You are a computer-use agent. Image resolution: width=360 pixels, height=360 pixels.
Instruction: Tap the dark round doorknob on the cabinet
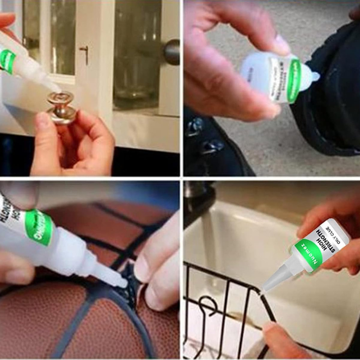pos(172,52)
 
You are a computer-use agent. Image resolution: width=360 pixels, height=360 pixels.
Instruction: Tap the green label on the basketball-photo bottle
pos(38,227)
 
